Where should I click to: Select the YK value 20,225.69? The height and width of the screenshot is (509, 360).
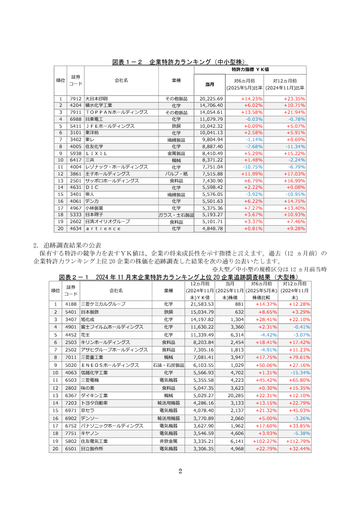[x=211, y=99]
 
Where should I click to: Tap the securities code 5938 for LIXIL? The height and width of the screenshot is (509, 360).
[x=76, y=154]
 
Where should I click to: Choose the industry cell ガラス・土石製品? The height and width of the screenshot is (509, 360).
[x=177, y=215]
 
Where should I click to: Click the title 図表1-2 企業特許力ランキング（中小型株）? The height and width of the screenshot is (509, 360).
[x=180, y=62]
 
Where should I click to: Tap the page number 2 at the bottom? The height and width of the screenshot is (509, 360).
[x=180, y=471]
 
